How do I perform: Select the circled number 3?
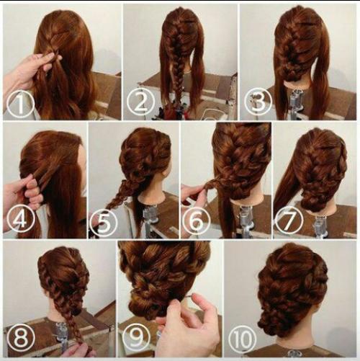click(258, 102)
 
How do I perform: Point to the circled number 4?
click(20, 219)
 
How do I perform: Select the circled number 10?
click(243, 339)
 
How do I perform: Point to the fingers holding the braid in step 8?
click(79, 351)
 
